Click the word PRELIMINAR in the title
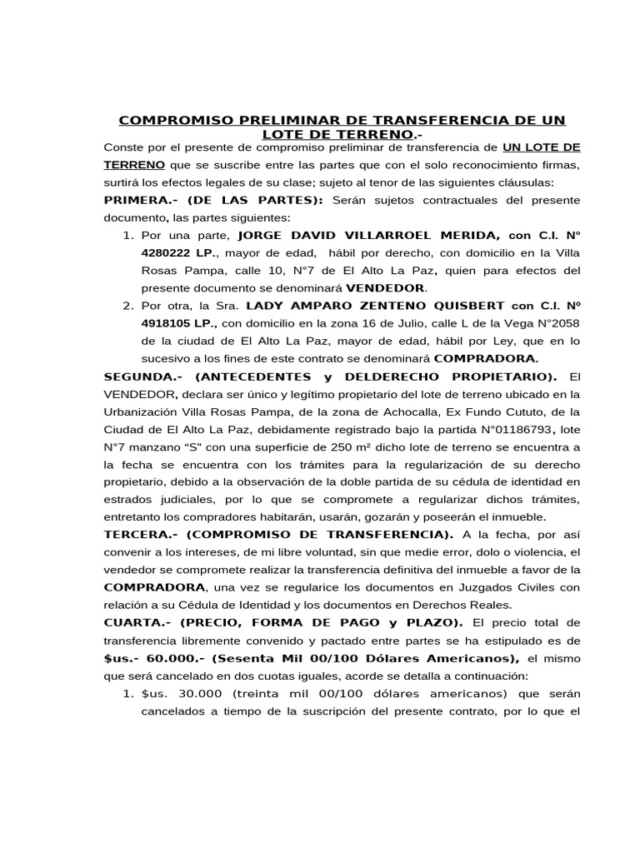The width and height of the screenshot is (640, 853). coord(274,121)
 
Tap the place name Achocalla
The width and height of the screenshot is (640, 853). coord(405,412)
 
